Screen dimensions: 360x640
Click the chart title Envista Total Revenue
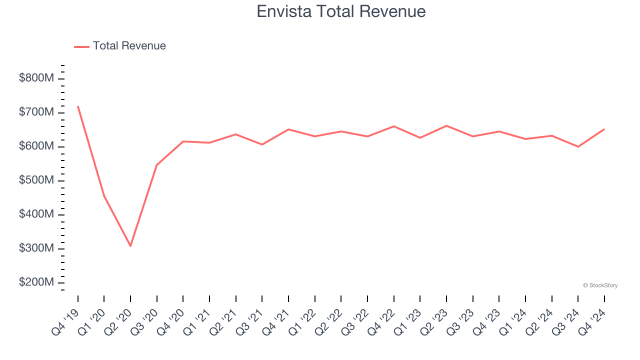coord(341,11)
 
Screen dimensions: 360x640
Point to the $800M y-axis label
coord(36,78)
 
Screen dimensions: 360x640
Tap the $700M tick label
coord(36,112)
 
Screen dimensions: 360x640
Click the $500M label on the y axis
coord(36,180)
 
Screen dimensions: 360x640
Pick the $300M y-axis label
coord(36,248)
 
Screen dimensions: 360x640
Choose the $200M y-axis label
coord(36,282)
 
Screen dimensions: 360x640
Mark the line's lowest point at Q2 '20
coord(130,246)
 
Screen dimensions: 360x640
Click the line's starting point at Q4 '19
coord(78,106)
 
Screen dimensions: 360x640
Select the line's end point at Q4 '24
coord(604,129)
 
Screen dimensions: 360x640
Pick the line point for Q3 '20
coord(157,165)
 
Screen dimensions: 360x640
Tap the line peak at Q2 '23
coord(446,125)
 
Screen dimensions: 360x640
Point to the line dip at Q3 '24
coord(578,146)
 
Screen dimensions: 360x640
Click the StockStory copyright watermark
coord(600,285)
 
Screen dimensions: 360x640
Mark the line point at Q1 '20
coord(104,196)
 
